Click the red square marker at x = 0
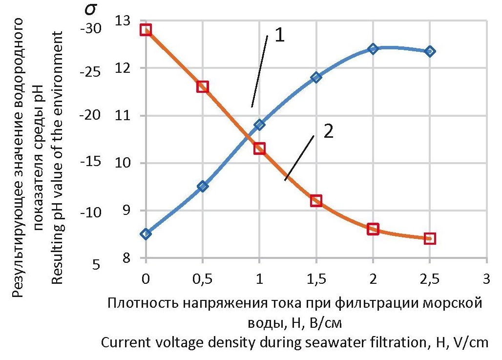146,30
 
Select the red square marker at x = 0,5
203,87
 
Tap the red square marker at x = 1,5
316,200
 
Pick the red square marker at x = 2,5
430,238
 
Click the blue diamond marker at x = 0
146,234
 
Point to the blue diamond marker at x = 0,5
203,186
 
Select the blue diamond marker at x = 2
373,49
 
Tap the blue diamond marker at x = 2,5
430,51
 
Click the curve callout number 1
279,35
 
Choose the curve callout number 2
328,132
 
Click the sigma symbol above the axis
91,11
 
